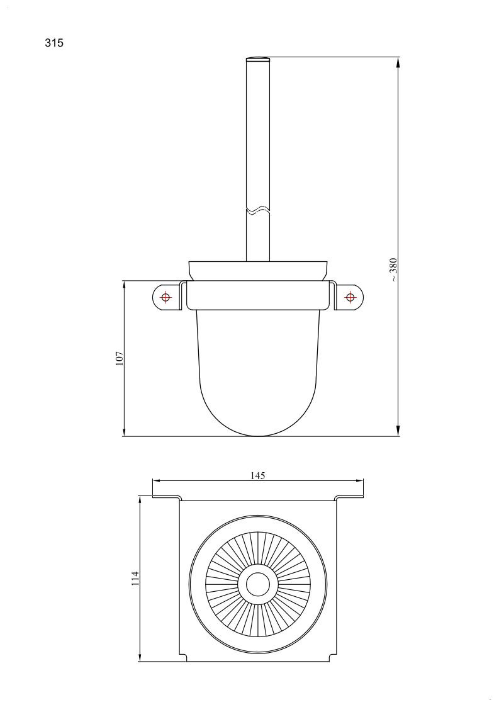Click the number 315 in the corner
54,43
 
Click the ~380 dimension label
393,269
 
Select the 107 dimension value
120,358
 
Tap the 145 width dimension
258,475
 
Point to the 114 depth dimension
135,579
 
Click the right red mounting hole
350,297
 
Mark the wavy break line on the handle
258,210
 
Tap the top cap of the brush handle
258,59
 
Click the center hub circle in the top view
258,584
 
